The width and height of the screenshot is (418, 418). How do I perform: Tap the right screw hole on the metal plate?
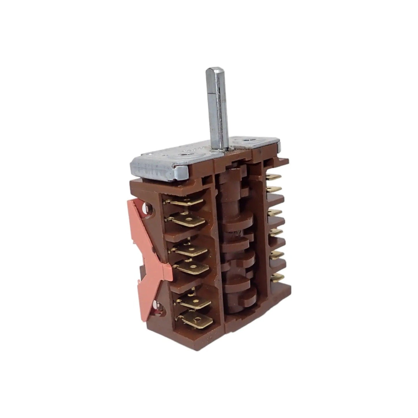[247, 141]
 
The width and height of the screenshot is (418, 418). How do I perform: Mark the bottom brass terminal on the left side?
[199, 320]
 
